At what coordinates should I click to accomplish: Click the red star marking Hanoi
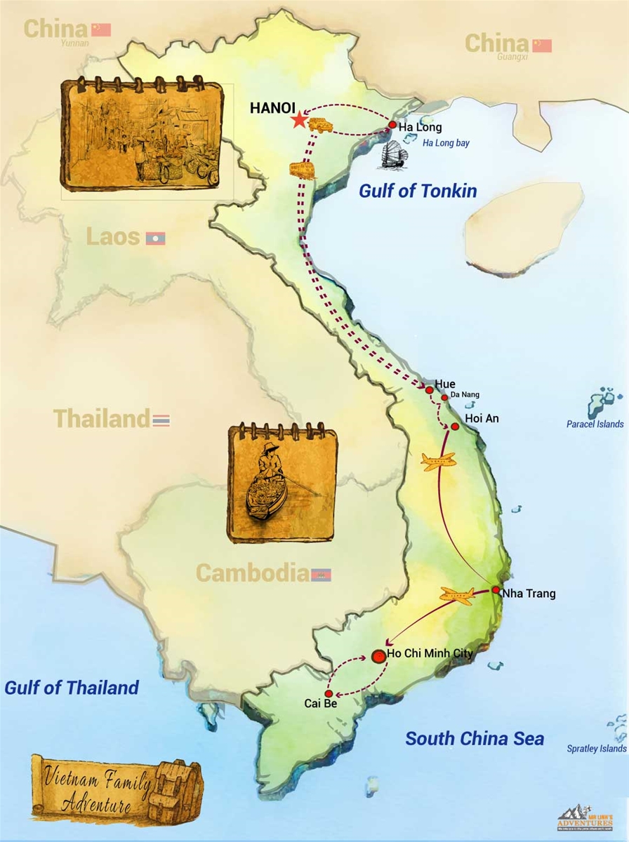[x=300, y=120]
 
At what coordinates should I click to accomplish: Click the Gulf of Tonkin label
[x=418, y=191]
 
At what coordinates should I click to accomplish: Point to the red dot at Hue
[x=429, y=389]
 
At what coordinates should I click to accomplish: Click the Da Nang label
[x=464, y=395]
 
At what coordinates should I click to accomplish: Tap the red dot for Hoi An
[x=455, y=426]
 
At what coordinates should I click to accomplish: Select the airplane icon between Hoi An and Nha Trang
[x=439, y=462]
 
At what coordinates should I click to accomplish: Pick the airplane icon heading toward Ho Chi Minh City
[x=457, y=596]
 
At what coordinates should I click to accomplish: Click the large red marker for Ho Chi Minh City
[x=378, y=657]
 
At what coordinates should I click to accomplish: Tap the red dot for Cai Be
[x=329, y=693]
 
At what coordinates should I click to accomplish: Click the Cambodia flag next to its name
[x=321, y=575]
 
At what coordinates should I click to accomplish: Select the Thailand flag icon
[x=161, y=420]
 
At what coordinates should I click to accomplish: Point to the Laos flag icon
[x=155, y=239]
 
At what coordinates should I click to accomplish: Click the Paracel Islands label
[x=595, y=424]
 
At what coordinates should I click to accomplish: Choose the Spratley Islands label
[x=596, y=749]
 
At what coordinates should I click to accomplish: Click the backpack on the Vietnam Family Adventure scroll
[x=177, y=790]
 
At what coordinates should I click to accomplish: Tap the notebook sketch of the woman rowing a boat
[x=282, y=483]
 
